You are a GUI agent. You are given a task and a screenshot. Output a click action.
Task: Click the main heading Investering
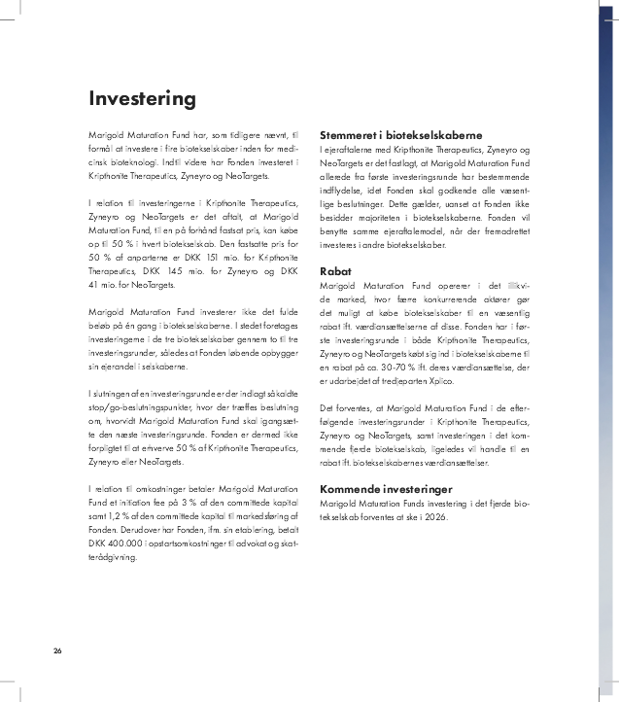[142, 99]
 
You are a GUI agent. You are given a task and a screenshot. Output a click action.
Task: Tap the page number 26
[58, 649]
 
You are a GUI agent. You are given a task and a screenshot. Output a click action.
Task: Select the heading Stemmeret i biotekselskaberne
[402, 135]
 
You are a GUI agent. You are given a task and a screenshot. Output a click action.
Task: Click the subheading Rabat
[335, 271]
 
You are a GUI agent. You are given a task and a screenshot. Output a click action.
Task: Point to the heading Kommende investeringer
[386, 489]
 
